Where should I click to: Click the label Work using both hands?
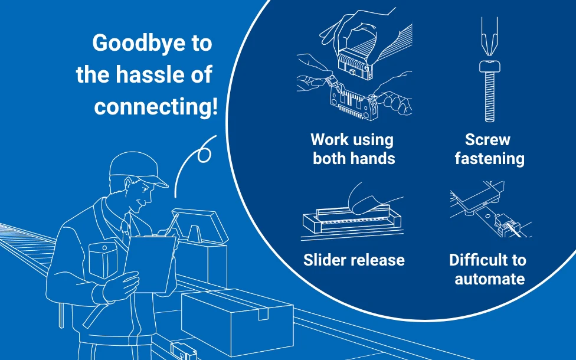pos(353,149)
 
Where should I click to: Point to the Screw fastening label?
pos(489,149)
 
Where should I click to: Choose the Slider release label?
pos(354,260)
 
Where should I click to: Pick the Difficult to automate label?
pos(487,269)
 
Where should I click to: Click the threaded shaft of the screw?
pos(489,97)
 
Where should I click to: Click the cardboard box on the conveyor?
pos(236,319)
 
